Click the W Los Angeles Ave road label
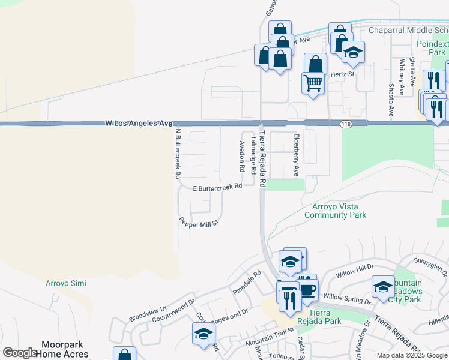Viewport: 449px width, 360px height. coord(139,123)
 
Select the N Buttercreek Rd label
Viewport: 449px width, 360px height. coord(177,154)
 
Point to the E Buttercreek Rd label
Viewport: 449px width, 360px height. coord(217,187)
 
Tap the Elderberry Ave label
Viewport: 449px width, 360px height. coord(295,155)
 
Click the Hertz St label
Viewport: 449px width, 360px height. coord(343,74)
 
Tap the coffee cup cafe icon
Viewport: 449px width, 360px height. coord(309,291)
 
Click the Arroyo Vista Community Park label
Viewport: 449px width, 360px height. coord(335,211)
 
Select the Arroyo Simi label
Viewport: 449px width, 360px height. coord(66,283)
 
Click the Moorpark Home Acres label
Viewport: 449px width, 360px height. coord(65,349)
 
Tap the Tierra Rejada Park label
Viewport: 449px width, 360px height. coord(325,317)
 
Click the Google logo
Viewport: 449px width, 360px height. coord(20,353)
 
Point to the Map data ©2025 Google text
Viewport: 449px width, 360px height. coord(411,355)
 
